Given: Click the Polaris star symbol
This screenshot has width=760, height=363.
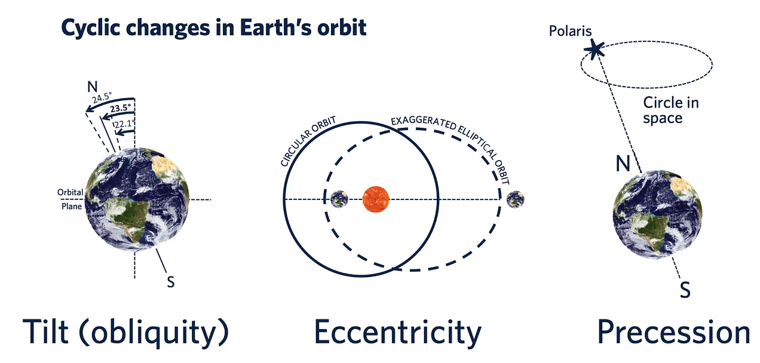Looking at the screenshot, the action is coord(594,50).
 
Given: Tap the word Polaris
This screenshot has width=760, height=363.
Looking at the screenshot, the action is coord(571,31).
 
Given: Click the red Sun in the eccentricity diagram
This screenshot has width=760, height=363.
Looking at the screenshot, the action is coord(376,199).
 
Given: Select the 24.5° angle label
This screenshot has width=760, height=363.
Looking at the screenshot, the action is coord(102,97).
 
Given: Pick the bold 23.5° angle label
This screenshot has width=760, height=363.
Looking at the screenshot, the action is coord(121,108).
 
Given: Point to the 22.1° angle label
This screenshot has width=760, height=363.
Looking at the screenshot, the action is coord(125,124).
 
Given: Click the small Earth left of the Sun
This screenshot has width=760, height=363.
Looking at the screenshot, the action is coord(339,199).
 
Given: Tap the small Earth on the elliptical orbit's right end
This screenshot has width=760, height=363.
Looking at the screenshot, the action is coord(516,199).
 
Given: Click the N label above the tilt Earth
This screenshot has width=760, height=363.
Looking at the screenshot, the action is coord(92,87).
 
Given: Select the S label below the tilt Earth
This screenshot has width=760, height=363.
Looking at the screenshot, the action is coord(171,282).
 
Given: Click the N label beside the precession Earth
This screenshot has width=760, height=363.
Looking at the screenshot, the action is coord(623,164).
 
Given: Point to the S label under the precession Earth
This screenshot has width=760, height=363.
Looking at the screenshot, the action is coord(685,290).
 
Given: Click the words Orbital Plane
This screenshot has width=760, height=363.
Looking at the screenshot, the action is coord(71,199).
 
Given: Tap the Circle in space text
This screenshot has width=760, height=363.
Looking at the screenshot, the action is coord(671,110).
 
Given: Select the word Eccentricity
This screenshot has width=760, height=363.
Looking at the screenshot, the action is coord(398,332).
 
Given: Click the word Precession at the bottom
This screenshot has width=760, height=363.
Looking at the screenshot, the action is coord(673,332).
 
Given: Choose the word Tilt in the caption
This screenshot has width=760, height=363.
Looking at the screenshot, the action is coord(45,331).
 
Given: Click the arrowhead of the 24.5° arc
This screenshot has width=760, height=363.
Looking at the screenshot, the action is coord(90,109).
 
